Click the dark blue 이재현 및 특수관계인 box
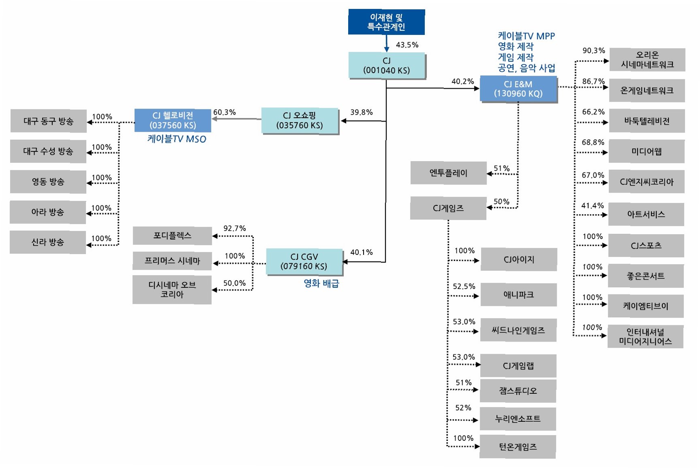386,22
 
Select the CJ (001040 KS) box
387,65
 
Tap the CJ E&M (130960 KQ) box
518,89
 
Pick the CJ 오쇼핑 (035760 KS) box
300,120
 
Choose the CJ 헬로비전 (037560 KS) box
172,120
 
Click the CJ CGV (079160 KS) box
304,261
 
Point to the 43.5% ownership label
407,45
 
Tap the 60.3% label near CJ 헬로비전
224,112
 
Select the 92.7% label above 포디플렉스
234,228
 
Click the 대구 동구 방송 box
49,121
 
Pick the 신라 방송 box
48,242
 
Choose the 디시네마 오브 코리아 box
172,290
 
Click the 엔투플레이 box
448,173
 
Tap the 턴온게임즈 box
517,447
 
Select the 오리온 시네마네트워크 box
647,60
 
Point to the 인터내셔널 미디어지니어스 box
645,336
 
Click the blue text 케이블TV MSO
177,139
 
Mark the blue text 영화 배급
321,283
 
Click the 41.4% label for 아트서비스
592,206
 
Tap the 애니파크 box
518,295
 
